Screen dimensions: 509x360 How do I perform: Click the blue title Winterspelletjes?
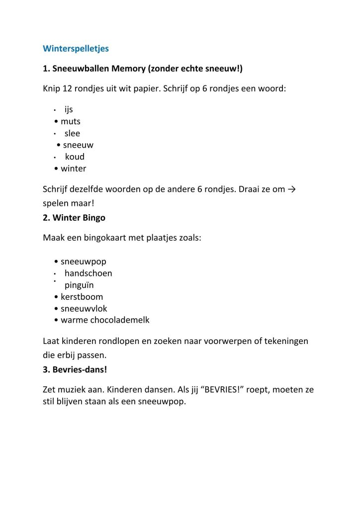point(76,49)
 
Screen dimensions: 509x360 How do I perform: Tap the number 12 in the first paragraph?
point(68,89)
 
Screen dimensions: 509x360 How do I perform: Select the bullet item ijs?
point(69,109)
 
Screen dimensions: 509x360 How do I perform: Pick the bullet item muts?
point(71,121)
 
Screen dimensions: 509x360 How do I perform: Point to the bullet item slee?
point(72,133)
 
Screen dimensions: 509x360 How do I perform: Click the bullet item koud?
point(75,157)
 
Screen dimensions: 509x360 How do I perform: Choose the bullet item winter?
point(74,169)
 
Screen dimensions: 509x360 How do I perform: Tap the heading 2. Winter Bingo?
point(74,218)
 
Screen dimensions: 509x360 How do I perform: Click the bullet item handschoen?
point(88,273)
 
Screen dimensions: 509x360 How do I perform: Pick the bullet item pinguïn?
point(79,285)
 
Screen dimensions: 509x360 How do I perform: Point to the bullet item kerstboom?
point(82,297)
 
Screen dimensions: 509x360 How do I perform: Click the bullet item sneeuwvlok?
point(84,309)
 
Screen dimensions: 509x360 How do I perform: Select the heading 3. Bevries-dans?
point(75,370)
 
